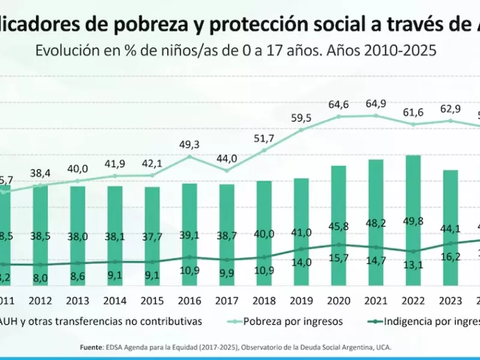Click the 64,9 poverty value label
[376, 104]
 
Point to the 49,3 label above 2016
[190, 145]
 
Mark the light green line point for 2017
[227, 170]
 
